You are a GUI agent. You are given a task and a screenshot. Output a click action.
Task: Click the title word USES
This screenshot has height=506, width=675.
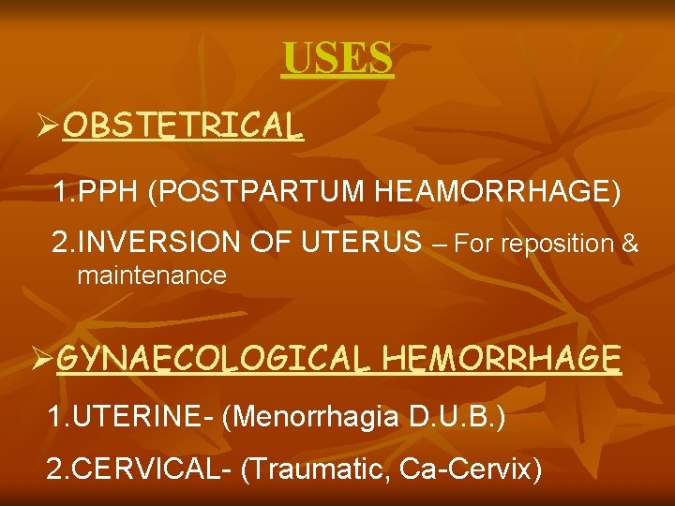(x=337, y=59)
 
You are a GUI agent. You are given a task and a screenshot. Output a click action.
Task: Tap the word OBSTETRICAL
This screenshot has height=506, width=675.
(x=183, y=126)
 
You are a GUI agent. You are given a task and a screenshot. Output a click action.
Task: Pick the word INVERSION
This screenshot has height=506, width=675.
(x=158, y=243)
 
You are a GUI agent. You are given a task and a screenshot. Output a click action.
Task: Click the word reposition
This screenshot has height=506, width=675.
(x=559, y=245)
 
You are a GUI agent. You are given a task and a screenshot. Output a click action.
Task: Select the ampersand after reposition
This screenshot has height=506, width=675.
(x=630, y=245)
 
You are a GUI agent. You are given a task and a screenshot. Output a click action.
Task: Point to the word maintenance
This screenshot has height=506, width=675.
(x=152, y=275)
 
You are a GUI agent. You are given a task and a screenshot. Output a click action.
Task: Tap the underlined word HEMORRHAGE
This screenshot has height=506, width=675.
(x=502, y=358)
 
